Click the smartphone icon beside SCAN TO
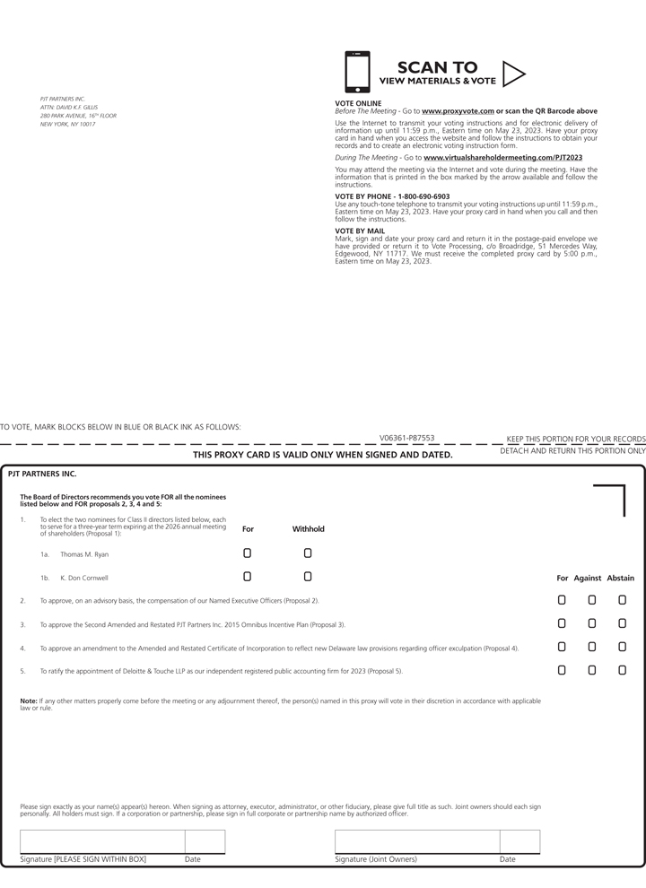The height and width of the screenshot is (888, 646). pos(357,72)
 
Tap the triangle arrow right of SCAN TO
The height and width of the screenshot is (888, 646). pos(513,73)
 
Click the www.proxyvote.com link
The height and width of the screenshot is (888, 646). pos(458,110)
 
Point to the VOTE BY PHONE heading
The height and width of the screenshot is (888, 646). pos(392,196)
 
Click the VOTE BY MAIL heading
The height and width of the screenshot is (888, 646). pos(360,231)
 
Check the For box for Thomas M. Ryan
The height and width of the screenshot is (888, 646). pos(248,553)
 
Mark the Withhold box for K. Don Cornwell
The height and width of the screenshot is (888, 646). pos(308,577)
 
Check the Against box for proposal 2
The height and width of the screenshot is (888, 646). pos(592,600)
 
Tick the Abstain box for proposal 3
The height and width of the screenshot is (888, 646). pos(622,623)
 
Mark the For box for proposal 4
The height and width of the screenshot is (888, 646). pos(562,647)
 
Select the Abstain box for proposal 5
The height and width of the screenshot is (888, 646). pos(622,670)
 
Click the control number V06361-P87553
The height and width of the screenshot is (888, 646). pos(406,438)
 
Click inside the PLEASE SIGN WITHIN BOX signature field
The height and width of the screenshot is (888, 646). pos(102,841)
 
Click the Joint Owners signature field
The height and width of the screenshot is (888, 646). pos(417,841)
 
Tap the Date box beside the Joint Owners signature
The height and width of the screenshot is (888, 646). pos(519,841)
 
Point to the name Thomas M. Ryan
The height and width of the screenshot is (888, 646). pos(84,554)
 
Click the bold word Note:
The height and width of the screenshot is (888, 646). pos(29,701)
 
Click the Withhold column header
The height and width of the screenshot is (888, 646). pos(308,529)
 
